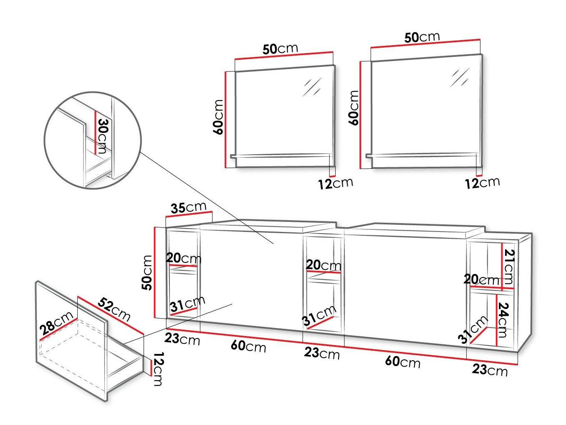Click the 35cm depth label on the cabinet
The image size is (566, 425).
pyautogui.click(x=188, y=208)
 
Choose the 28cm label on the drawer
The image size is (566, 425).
pyautogui.click(x=56, y=323)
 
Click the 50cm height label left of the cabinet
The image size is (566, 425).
pyautogui.click(x=147, y=272)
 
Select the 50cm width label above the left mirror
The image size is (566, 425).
pyautogui.click(x=280, y=49)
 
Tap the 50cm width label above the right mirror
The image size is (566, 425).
pyautogui.click(x=422, y=37)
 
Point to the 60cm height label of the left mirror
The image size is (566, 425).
pyautogui.click(x=218, y=117)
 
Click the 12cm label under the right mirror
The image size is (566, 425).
pyautogui.click(x=483, y=183)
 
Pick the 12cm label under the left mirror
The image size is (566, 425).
pyautogui.click(x=336, y=183)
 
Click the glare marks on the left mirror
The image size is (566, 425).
pyautogui.click(x=312, y=87)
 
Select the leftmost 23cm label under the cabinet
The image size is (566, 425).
pyautogui.click(x=182, y=339)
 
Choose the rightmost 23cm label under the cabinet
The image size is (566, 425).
pyautogui.click(x=490, y=370)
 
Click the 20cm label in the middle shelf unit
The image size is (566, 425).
pyautogui.click(x=323, y=265)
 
